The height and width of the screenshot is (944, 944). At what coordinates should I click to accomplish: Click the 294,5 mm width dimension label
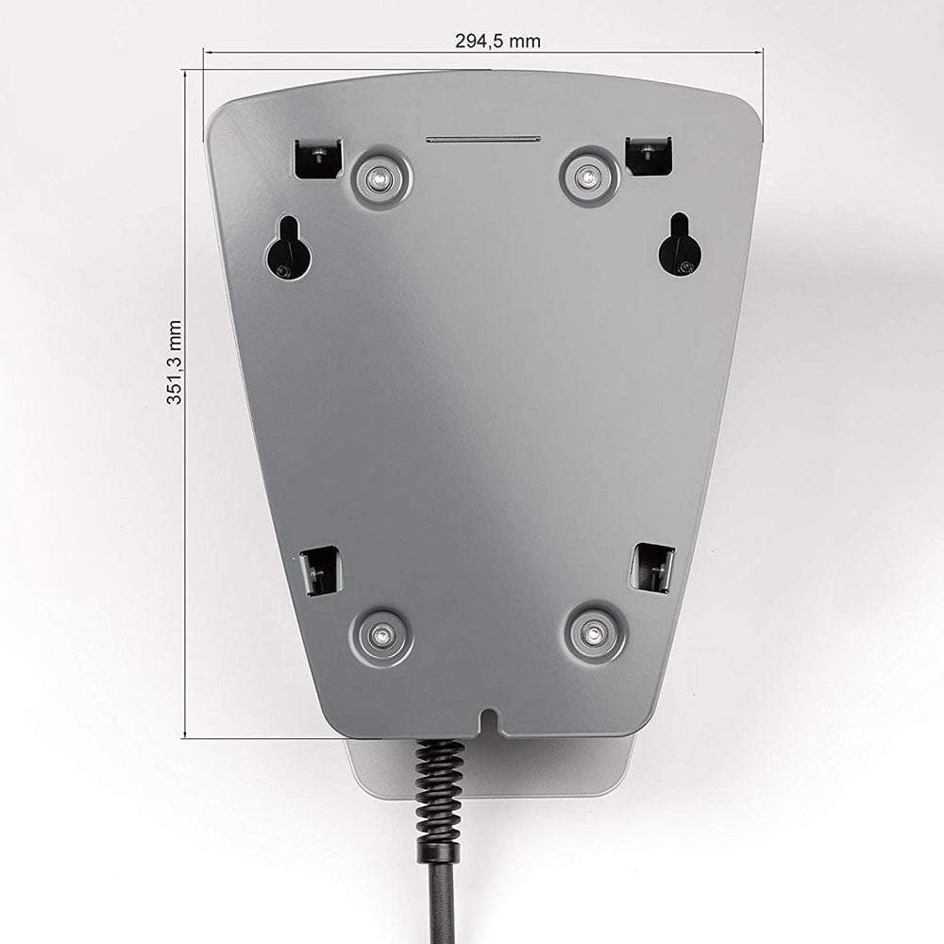point(497,41)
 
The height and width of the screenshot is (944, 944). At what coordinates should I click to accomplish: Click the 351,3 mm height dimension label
point(174,362)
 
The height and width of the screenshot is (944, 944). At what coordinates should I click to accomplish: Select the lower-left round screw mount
point(380,635)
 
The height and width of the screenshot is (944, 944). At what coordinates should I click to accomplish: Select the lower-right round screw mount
point(595,632)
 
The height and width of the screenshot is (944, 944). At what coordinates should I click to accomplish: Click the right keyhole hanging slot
point(679,245)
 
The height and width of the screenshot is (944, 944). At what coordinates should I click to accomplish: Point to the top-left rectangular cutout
point(317,159)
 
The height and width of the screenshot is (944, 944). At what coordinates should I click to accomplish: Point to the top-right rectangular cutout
point(649,156)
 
